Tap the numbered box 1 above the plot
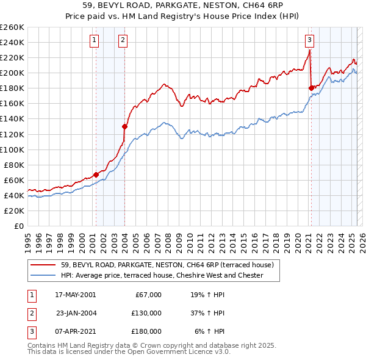(95, 41)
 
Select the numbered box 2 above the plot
(123, 41)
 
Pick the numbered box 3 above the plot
(309, 41)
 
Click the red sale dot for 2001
(96, 175)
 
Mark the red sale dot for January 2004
(124, 126)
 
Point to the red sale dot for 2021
(311, 88)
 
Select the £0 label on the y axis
(19, 226)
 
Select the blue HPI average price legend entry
(162, 276)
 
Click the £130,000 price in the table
(146, 313)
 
